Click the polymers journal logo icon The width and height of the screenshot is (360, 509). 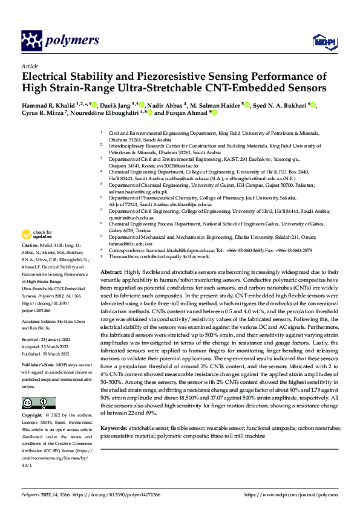click(x=30, y=41)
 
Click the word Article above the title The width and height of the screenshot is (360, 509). click(x=29, y=65)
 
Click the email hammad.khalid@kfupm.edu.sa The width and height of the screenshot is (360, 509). click(x=176, y=249)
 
